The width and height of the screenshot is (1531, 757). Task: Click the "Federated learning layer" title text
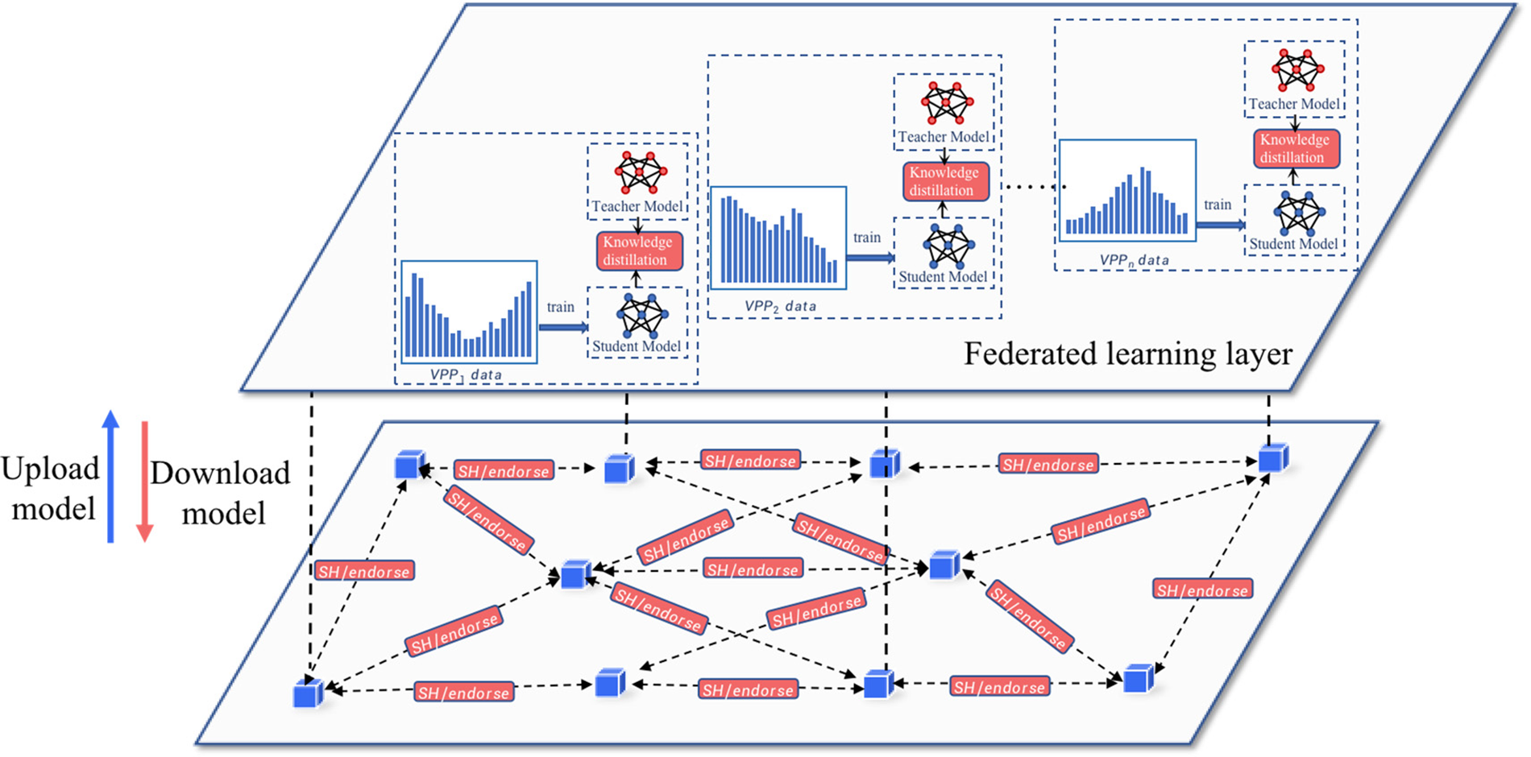tap(1128, 354)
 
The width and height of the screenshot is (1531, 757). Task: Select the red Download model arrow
tap(144, 482)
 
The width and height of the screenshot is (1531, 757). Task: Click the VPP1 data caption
tap(466, 374)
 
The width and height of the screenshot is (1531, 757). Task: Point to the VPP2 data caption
tap(780, 306)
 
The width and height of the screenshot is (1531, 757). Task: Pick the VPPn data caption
tap(1134, 260)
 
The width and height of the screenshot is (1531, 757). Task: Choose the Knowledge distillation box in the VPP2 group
tap(944, 181)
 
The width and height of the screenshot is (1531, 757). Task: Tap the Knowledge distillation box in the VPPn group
tap(1295, 148)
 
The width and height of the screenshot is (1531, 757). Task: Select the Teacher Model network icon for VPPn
tap(1297, 70)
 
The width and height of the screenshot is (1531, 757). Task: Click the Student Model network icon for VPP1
tap(641, 316)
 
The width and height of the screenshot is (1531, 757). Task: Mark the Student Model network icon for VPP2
tap(948, 246)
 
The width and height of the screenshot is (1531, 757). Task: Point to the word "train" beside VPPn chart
tap(1217, 205)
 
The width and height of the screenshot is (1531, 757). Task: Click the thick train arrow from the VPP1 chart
tap(563, 327)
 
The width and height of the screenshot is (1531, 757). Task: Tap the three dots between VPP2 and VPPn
tap(1033, 187)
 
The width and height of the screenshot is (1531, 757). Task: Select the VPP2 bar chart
tap(778, 238)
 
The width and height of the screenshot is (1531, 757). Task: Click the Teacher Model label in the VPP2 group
tap(944, 137)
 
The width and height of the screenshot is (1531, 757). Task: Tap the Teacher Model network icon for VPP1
tap(641, 171)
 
